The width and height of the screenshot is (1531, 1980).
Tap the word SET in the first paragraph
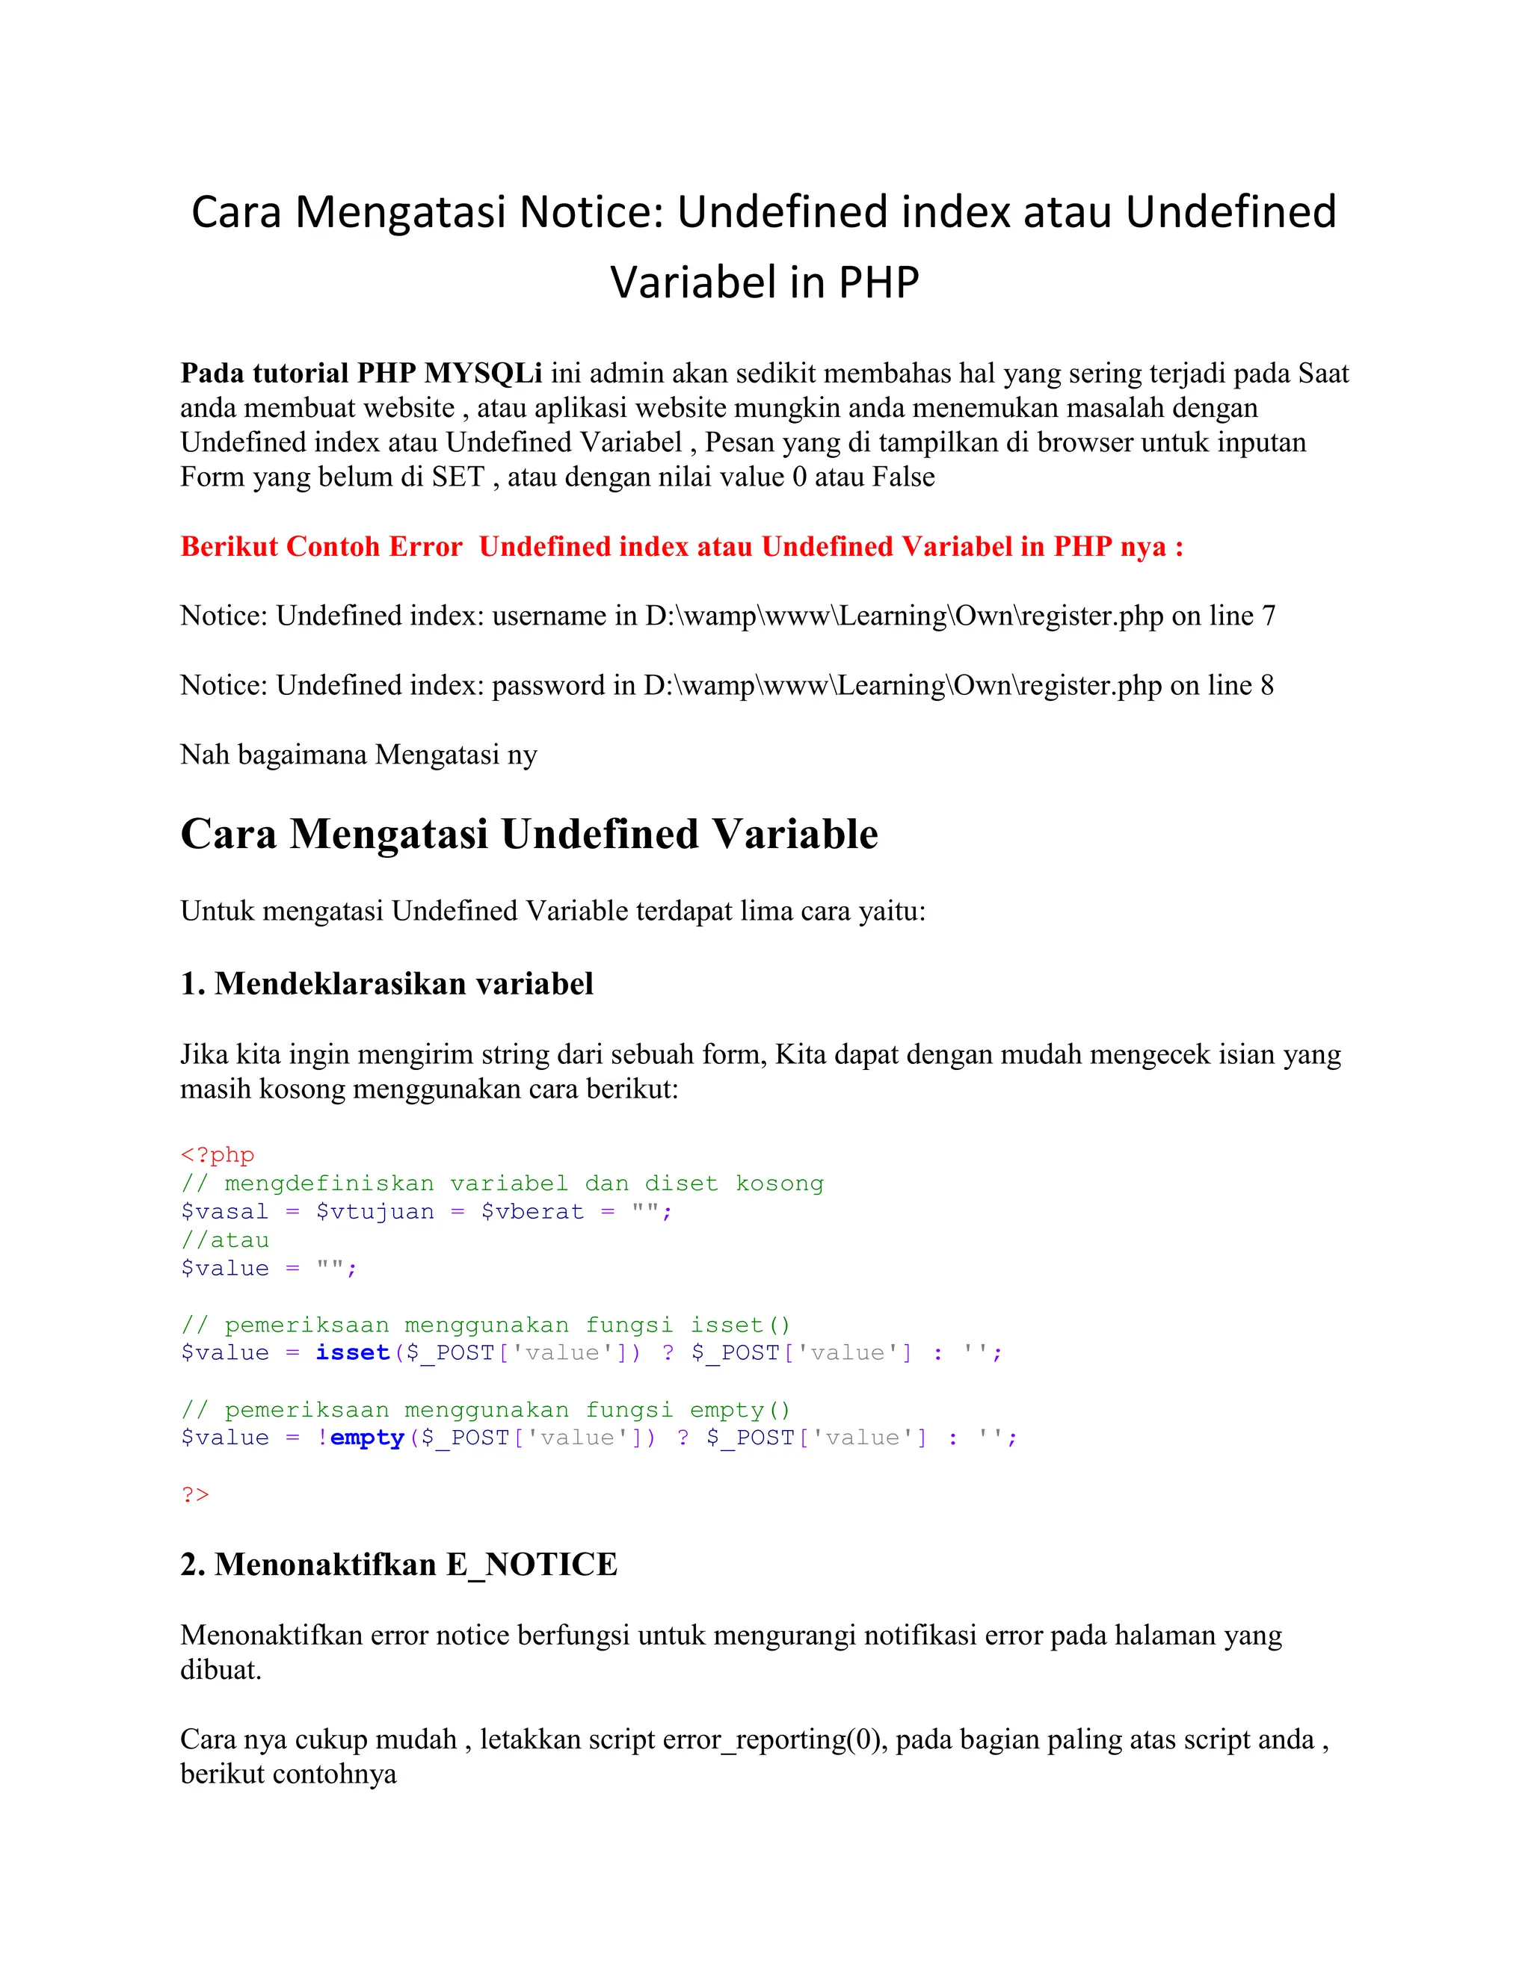point(458,477)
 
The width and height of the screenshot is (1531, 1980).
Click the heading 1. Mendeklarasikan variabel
point(386,984)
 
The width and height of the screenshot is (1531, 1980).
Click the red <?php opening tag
point(218,1155)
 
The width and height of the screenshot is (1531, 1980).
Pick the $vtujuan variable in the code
point(375,1212)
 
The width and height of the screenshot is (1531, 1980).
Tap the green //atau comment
point(225,1240)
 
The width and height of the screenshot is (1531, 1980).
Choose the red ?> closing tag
point(195,1495)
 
